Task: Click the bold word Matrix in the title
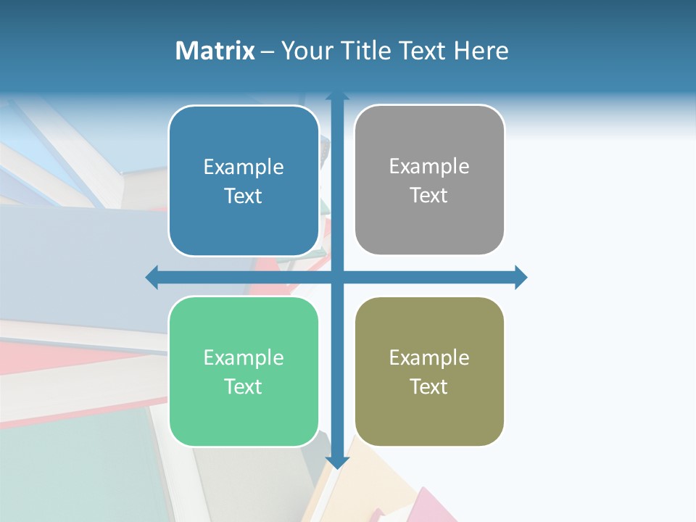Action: [215, 51]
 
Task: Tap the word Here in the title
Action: [481, 51]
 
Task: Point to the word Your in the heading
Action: [305, 51]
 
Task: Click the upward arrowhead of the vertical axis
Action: [337, 95]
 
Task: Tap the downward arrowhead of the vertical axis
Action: [337, 462]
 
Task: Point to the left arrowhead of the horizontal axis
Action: [152, 277]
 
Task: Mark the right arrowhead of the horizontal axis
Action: [521, 277]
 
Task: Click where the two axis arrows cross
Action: [337, 277]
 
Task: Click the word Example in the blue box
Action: [244, 167]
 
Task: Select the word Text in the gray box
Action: [429, 196]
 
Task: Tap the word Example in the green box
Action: [244, 358]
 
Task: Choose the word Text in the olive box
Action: [429, 387]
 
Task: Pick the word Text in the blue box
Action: [244, 196]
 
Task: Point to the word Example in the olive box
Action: [429, 358]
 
